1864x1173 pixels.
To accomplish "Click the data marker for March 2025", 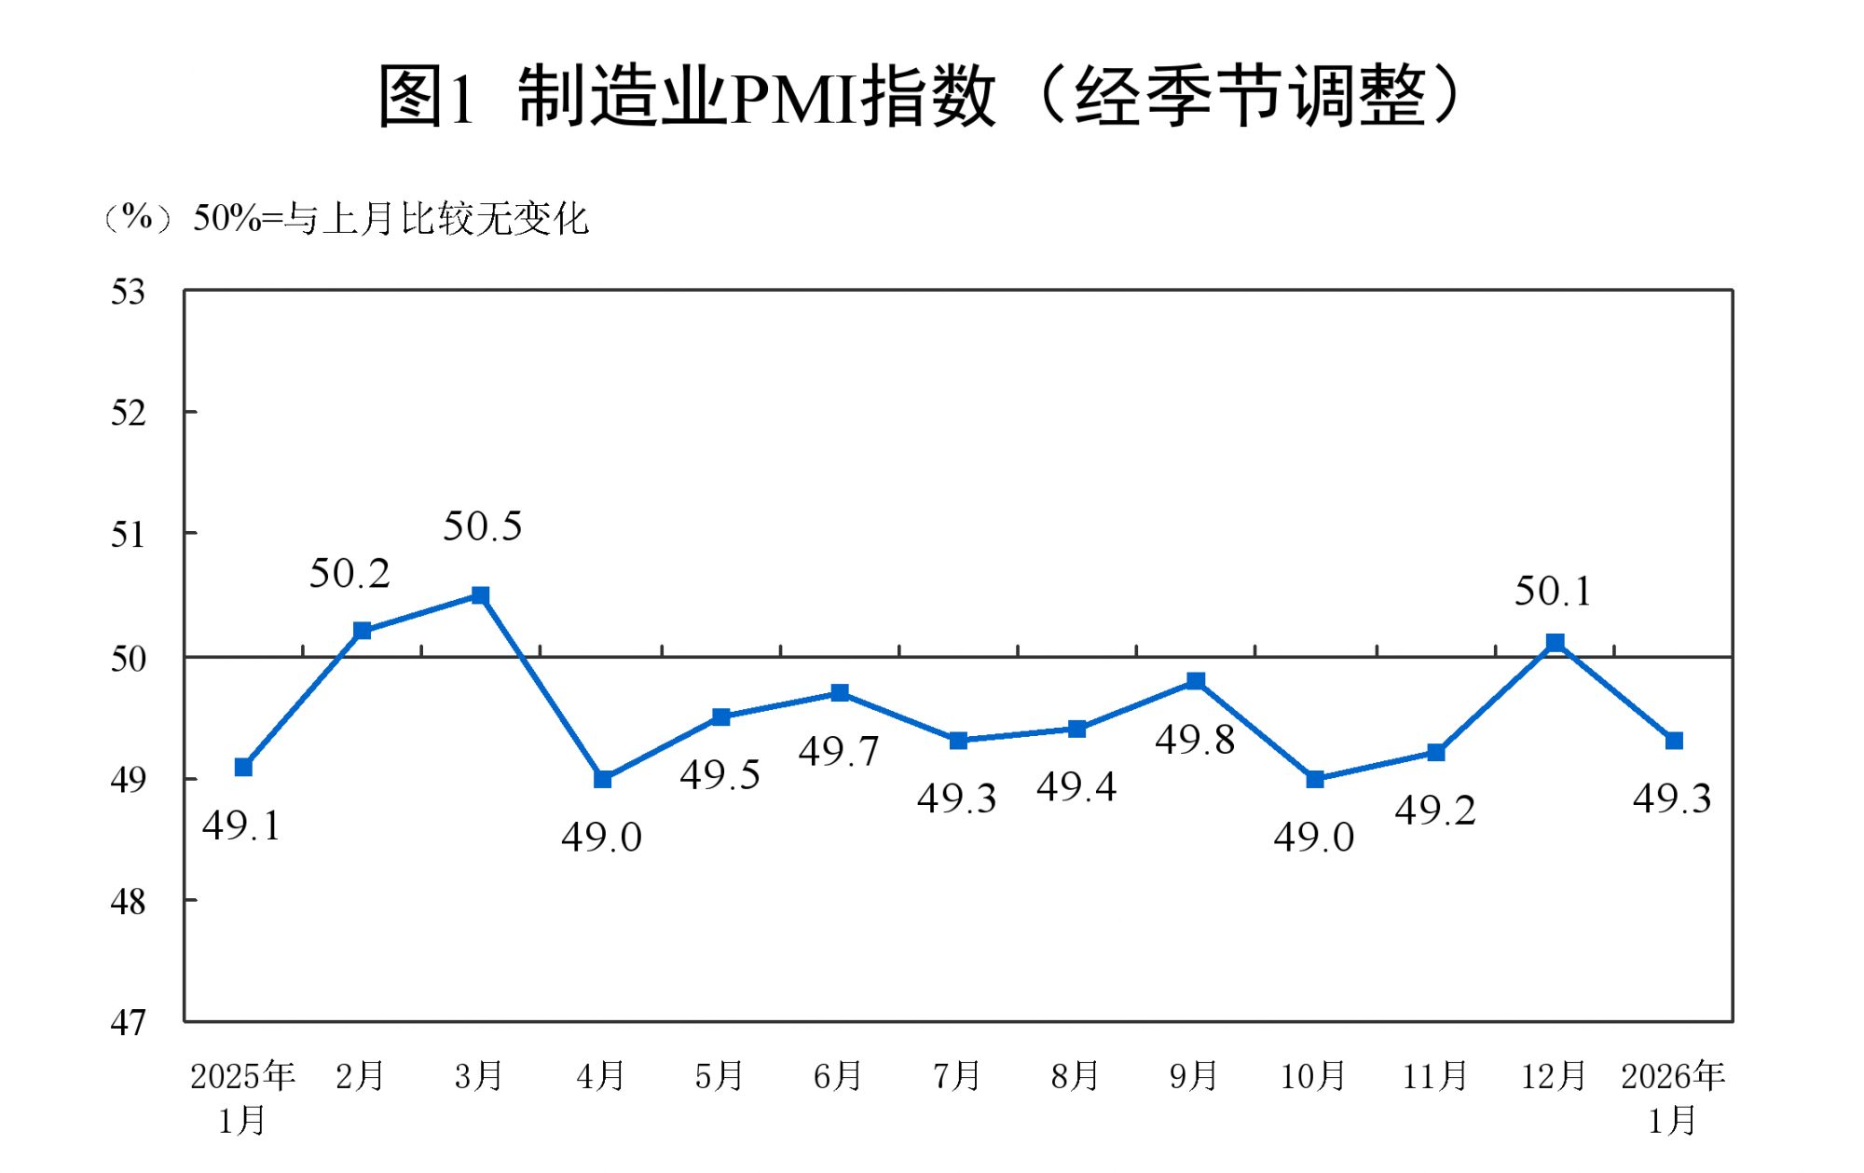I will [480, 595].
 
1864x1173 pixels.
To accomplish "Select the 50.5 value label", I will [482, 526].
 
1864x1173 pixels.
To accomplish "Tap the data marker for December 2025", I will [1555, 643].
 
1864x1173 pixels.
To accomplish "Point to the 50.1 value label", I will [1553, 591].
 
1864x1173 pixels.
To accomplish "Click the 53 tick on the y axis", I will [129, 293].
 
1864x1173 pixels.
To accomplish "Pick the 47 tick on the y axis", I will [129, 1023].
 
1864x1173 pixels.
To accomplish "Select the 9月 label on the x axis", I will [1194, 1076].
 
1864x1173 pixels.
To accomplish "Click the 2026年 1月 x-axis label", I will [1673, 1098].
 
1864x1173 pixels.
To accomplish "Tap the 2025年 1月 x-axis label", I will [242, 1098].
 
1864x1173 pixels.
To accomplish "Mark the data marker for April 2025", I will [603, 779].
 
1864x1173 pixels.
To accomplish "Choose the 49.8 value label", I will [1195, 740].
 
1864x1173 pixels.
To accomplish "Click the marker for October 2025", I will [1315, 779].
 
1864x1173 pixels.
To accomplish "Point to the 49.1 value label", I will [241, 825].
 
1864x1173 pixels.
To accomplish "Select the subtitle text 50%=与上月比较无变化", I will [391, 219].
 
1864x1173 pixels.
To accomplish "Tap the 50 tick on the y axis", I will [129, 659].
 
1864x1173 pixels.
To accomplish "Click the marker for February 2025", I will [363, 631].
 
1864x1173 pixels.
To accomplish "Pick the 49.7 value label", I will [839, 751].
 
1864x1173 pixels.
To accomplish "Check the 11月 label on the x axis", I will [1435, 1076].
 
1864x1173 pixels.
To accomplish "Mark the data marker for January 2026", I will [1674, 741].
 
